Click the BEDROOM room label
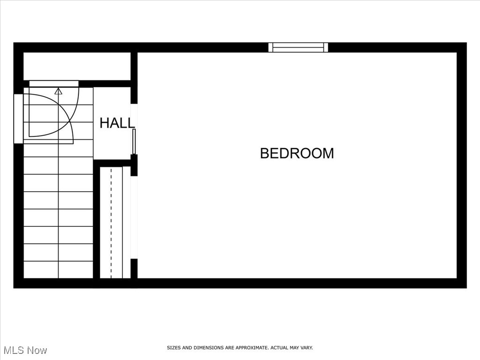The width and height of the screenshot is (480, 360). [x=297, y=153]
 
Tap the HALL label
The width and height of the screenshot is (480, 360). [x=117, y=123]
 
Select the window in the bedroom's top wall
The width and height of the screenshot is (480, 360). [x=298, y=47]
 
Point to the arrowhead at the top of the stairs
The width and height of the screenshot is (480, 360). [x=58, y=91]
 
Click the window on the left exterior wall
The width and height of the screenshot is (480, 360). [x=18, y=119]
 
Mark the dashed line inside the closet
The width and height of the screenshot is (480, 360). [x=111, y=222]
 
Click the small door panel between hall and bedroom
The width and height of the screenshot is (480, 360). [x=134, y=142]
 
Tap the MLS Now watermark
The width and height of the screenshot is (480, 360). [x=25, y=350]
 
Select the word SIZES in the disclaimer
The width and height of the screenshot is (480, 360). [x=174, y=348]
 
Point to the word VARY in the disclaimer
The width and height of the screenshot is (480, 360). [x=306, y=348]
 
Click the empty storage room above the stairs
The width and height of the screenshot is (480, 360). [x=77, y=66]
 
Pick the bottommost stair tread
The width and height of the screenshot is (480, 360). [x=58, y=270]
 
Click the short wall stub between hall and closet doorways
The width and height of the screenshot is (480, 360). [x=134, y=165]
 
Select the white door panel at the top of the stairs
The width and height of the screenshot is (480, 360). [x=54, y=84]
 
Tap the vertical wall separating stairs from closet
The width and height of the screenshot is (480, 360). [x=96, y=220]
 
